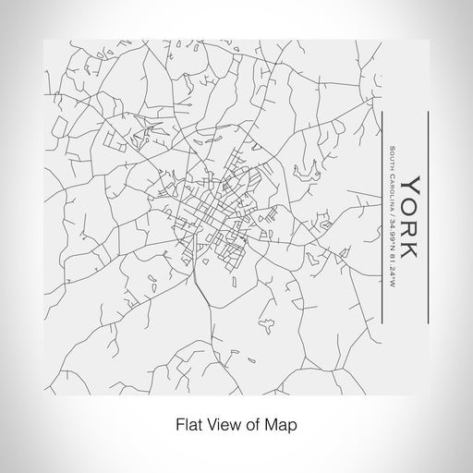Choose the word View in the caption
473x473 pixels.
tap(217, 426)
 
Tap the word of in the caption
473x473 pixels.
tap(247, 426)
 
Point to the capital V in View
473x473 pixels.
tap(205, 426)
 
